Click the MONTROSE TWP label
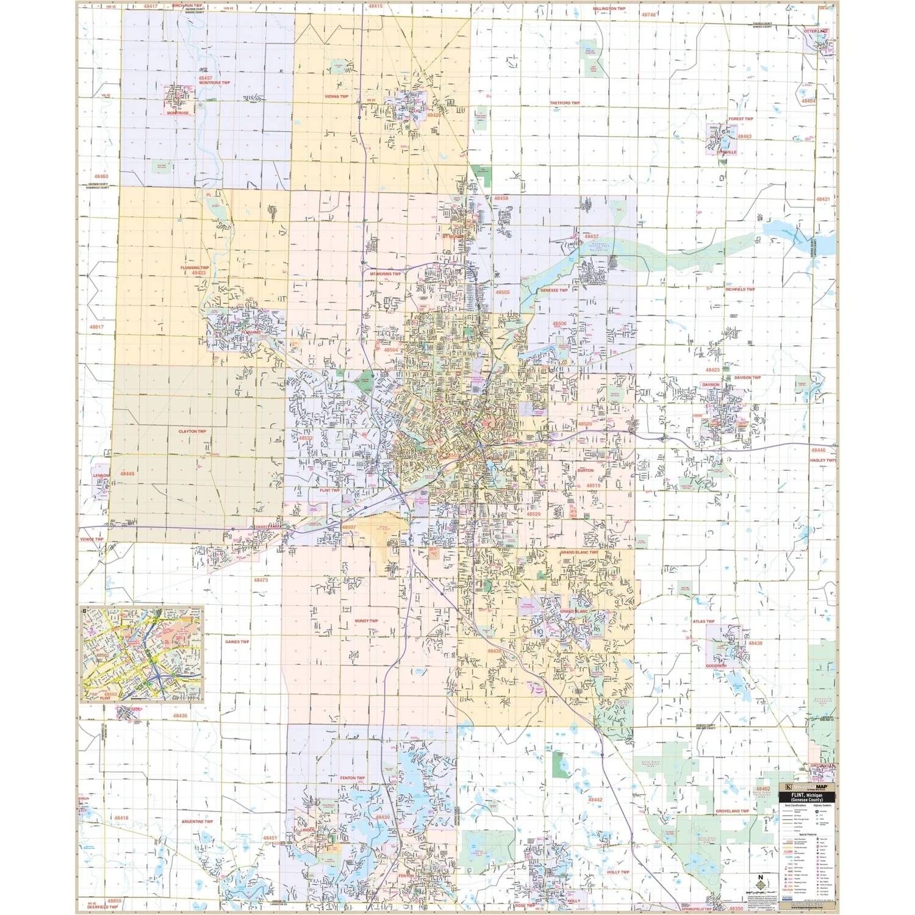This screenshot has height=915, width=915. point(214,83)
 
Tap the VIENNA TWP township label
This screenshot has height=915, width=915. point(336,96)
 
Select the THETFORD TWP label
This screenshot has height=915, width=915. point(564,103)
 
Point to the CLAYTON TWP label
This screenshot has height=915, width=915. point(192,431)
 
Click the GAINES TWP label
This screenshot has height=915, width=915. point(237,642)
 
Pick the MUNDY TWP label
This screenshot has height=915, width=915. point(366,621)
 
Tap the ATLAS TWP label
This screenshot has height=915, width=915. point(703,622)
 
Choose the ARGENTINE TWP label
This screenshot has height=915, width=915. point(197,822)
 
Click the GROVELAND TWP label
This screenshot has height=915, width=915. point(732,811)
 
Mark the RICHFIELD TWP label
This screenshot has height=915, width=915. point(740,290)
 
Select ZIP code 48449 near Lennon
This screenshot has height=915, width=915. point(127,473)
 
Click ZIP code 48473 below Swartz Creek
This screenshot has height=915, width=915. point(260,580)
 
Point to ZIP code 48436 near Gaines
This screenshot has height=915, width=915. point(180,716)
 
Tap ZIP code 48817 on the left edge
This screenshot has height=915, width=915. point(96,327)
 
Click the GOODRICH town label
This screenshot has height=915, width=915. point(716,666)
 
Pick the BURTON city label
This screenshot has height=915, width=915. point(585,470)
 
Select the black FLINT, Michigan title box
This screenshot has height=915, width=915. point(806,797)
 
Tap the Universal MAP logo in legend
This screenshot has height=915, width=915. point(806,788)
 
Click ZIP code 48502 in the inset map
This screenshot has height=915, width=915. point(102,655)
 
